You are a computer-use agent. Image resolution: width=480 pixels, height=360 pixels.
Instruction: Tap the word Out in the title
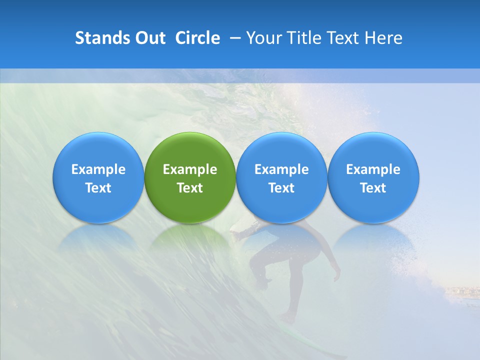pos(148,38)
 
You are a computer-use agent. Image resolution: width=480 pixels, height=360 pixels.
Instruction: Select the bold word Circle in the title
pos(197,38)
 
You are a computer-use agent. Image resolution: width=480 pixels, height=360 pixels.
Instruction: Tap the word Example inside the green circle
pos(190,169)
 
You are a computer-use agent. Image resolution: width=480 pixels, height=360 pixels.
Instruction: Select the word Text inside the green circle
pos(190,188)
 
